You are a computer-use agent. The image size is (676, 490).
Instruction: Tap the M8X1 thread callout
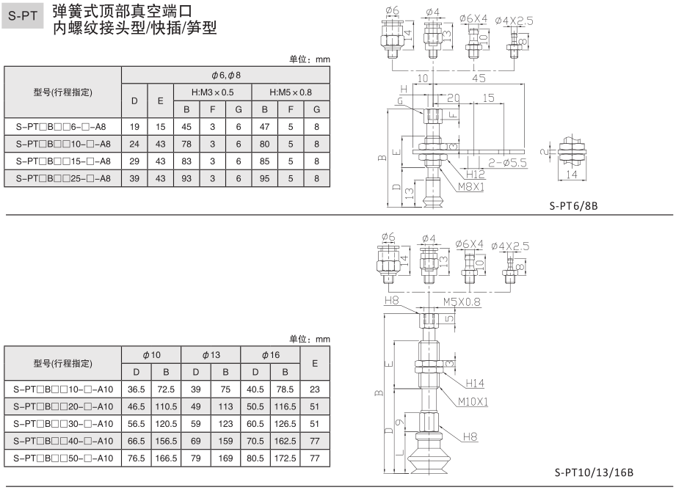tap(470, 187)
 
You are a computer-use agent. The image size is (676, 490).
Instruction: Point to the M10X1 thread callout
tap(473, 401)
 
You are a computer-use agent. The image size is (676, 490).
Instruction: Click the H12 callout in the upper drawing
tap(475, 174)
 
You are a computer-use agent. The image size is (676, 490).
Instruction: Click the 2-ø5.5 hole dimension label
tap(507, 164)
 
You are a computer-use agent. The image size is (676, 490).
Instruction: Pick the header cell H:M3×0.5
tap(212, 92)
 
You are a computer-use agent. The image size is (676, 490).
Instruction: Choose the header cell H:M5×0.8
tap(291, 92)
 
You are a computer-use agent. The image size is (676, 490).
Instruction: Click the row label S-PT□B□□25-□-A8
tap(62, 178)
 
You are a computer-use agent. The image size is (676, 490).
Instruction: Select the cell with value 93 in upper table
tap(186, 178)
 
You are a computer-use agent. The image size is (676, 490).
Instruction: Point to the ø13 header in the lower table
tap(211, 354)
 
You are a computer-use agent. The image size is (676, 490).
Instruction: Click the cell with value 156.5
tap(166, 441)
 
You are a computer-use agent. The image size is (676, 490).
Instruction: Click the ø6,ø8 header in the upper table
tap(225, 76)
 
